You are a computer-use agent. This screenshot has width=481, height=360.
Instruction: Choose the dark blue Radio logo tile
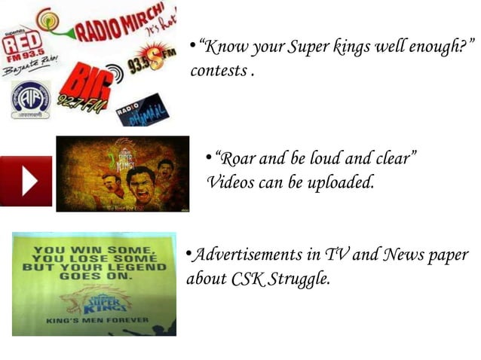(x=142, y=110)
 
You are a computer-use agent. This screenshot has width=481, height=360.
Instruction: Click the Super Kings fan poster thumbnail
(x=123, y=173)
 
